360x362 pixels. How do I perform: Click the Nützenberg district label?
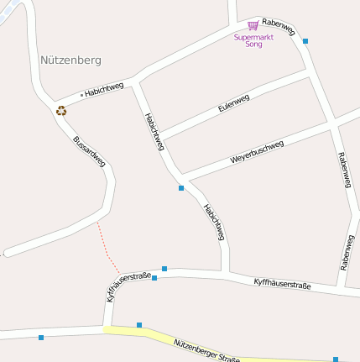point(70,60)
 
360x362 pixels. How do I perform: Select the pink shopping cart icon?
point(253,26)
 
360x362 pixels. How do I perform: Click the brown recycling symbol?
point(61,109)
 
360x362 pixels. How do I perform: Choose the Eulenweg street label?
point(233,105)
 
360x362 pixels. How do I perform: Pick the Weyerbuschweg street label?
point(257,152)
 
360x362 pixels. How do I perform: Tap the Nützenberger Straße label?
point(206,350)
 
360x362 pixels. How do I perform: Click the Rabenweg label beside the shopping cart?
point(279,27)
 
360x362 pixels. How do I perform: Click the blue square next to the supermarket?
point(305,41)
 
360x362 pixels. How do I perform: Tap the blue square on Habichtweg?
point(181,188)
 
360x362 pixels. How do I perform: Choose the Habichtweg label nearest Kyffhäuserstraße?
point(214,222)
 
